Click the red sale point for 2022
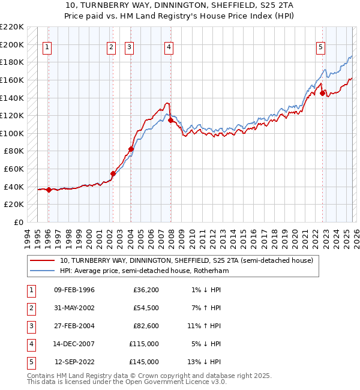[322, 93]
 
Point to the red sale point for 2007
[170, 120]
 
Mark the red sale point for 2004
[131, 149]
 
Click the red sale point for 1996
[49, 190]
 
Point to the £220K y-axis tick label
[12, 27]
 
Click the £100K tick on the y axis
[12, 133]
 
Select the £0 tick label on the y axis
[19, 222]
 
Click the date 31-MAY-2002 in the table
[74, 308]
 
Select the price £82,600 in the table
[146, 326]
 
